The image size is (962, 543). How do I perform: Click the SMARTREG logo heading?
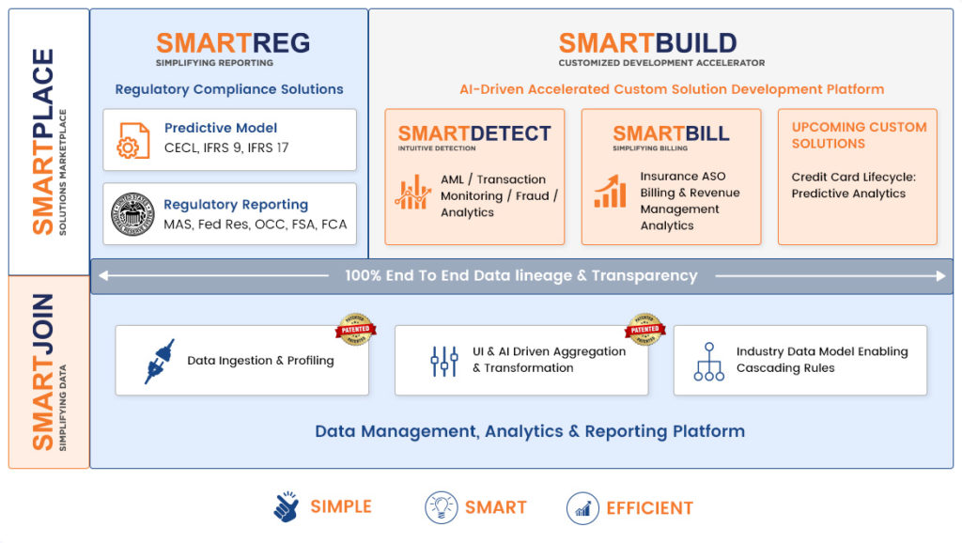pyautogui.click(x=232, y=43)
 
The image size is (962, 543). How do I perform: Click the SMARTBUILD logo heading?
pyautogui.click(x=647, y=43)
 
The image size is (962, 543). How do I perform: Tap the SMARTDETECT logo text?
pyautogui.click(x=473, y=133)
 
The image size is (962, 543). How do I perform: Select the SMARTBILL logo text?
pyautogui.click(x=671, y=133)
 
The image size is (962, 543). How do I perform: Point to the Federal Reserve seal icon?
pyautogui.click(x=133, y=213)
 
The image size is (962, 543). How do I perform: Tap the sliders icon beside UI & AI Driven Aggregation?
pyautogui.click(x=443, y=361)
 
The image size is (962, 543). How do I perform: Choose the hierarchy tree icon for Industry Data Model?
pyautogui.click(x=708, y=361)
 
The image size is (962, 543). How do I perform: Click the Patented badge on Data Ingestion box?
pyautogui.click(x=355, y=329)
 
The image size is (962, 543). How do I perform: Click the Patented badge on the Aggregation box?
pyautogui.click(x=644, y=329)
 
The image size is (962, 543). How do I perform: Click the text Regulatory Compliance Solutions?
pyautogui.click(x=229, y=89)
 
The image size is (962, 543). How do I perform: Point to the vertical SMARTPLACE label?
pyautogui.click(x=43, y=141)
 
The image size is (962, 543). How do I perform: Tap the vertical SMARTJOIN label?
pyautogui.click(x=43, y=372)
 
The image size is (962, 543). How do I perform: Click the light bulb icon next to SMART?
pyautogui.click(x=441, y=507)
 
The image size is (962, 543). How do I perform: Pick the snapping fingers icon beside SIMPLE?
pyautogui.click(x=286, y=507)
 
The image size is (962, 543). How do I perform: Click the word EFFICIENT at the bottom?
pyautogui.click(x=649, y=508)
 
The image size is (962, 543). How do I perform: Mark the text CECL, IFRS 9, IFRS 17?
pyautogui.click(x=226, y=147)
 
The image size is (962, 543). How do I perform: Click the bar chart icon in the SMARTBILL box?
pyautogui.click(x=610, y=193)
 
